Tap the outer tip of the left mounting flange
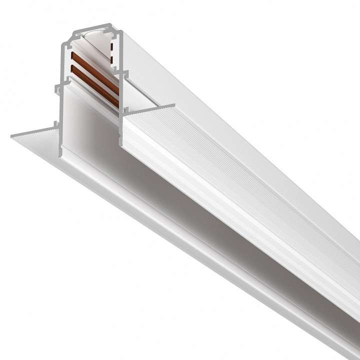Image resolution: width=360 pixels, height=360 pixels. [x=12, y=135]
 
